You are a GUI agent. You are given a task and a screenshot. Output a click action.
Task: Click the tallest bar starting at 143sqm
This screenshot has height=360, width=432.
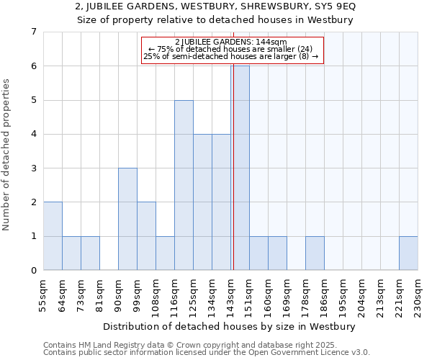pyautogui.click(x=240, y=168)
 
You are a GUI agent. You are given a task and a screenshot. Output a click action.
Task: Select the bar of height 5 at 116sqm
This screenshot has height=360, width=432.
pyautogui.click(x=184, y=185)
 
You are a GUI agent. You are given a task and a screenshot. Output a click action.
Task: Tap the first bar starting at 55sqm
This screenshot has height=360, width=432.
pyautogui.click(x=53, y=236)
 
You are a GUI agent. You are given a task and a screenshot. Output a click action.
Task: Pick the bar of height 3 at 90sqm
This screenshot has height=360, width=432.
pyautogui.click(x=127, y=219)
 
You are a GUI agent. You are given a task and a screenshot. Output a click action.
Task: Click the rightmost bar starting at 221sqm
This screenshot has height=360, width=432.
pyautogui.click(x=408, y=253)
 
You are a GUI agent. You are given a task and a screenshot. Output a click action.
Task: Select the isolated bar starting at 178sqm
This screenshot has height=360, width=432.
pyautogui.click(x=315, y=253)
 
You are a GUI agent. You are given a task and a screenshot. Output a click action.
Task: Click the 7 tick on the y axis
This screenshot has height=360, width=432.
pyautogui.click(x=33, y=32)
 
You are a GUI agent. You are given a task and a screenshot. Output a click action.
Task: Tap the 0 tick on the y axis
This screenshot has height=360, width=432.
pyautogui.click(x=33, y=271)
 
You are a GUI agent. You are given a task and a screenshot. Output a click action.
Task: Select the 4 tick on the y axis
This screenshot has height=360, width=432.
pyautogui.click(x=33, y=134)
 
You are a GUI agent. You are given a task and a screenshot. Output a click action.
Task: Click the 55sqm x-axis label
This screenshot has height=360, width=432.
pyautogui.click(x=43, y=295)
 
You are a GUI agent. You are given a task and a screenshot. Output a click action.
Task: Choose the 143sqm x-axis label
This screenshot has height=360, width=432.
pyautogui.click(x=230, y=295)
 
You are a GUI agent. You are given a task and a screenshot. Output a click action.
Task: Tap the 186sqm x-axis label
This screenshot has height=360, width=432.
pyautogui.click(x=324, y=295)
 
